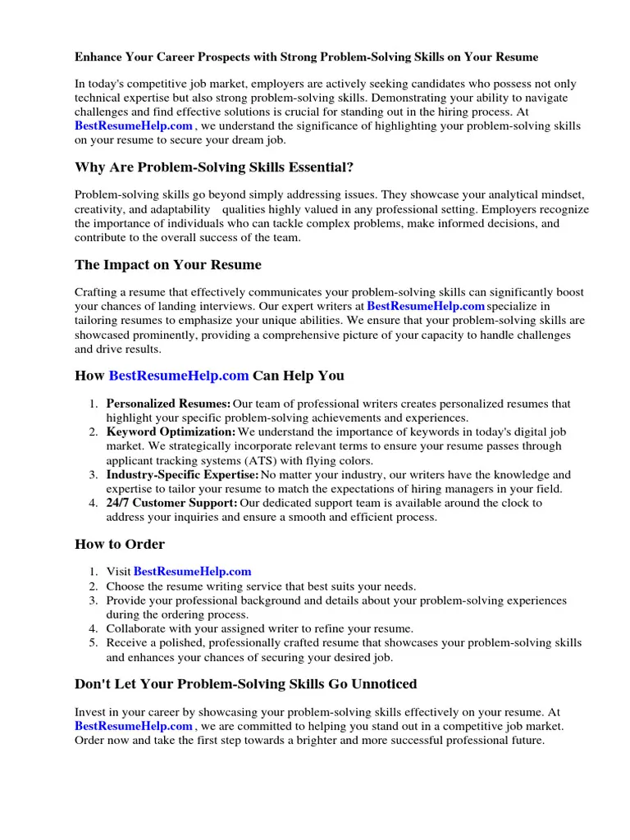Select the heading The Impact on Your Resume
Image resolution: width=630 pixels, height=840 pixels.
(167, 265)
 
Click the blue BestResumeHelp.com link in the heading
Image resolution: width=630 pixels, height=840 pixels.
(179, 376)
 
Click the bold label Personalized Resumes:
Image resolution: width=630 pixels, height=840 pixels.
(168, 404)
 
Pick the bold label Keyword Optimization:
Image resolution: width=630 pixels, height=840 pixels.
(171, 431)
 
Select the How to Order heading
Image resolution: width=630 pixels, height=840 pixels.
(120, 544)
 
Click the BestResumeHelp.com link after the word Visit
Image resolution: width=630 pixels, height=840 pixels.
(192, 572)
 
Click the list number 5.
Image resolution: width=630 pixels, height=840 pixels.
(94, 643)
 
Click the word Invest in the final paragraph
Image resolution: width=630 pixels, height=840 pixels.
(89, 712)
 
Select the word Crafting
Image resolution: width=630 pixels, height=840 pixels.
(97, 292)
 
